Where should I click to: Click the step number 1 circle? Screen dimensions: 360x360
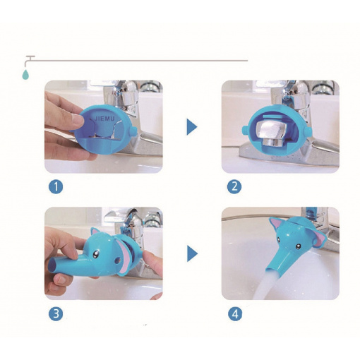pyautogui.click(x=56, y=187)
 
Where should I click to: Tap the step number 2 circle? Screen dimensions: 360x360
pyautogui.click(x=234, y=187)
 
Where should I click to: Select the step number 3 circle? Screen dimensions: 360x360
pyautogui.click(x=56, y=314)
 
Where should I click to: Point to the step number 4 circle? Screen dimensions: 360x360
pyautogui.click(x=235, y=314)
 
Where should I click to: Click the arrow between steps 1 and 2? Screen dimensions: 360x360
pyautogui.click(x=191, y=127)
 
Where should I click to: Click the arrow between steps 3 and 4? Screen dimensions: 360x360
pyautogui.click(x=192, y=253)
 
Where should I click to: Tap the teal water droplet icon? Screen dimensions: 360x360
pyautogui.click(x=25, y=74)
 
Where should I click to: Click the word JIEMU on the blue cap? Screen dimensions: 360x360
pyautogui.click(x=104, y=119)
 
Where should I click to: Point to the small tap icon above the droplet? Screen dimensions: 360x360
pyautogui.click(x=30, y=59)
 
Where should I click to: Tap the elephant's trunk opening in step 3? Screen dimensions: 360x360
pyautogui.click(x=52, y=266)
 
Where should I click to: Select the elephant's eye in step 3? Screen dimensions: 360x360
pyautogui.click(x=96, y=254)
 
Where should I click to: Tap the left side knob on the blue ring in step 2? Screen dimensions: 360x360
pyautogui.click(x=245, y=129)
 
